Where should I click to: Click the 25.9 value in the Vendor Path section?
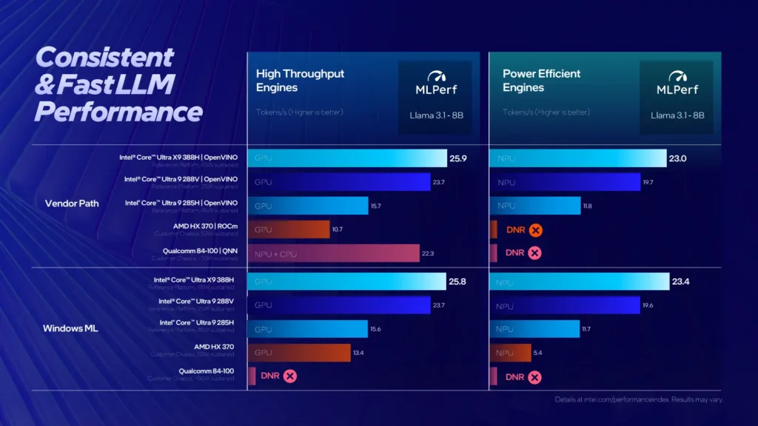458,158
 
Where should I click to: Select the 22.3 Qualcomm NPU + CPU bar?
333,253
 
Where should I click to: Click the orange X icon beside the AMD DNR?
536,230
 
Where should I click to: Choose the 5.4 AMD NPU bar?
511,353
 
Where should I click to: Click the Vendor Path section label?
72,203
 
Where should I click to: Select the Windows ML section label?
72,328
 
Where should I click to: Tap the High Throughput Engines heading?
300,81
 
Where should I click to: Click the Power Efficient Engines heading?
542,81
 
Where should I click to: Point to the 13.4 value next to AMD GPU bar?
358,353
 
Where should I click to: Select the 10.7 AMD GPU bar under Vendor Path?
289,229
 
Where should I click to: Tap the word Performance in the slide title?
118,112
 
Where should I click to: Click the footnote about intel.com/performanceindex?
638,400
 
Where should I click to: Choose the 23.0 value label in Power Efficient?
679,158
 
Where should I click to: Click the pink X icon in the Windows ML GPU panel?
290,376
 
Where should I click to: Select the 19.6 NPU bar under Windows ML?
565,305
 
